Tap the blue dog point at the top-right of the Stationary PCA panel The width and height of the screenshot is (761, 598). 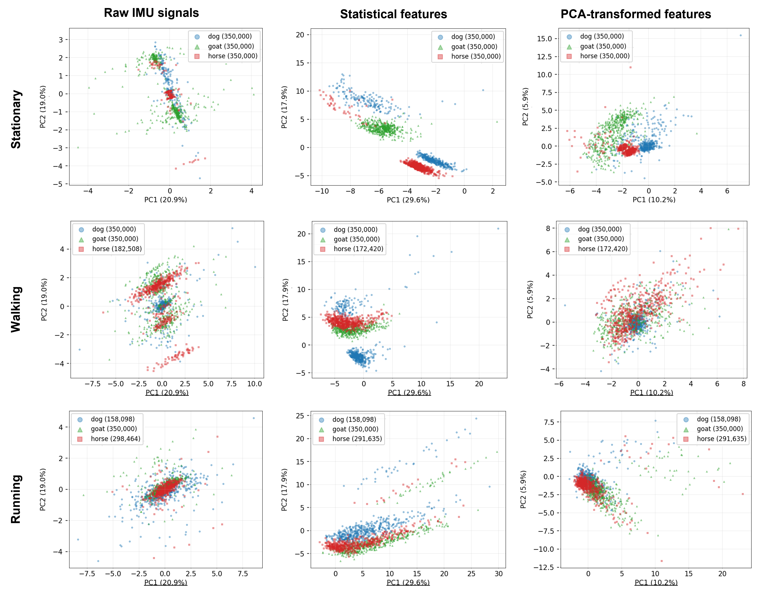741,35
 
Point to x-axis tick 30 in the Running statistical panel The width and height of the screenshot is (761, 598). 498,574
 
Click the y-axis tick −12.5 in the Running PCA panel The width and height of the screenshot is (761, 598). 544,567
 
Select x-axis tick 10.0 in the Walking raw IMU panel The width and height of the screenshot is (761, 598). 255,384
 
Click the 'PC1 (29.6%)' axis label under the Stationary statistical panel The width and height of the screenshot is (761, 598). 408,200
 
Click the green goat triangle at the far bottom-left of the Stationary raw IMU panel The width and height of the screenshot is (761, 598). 78,147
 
